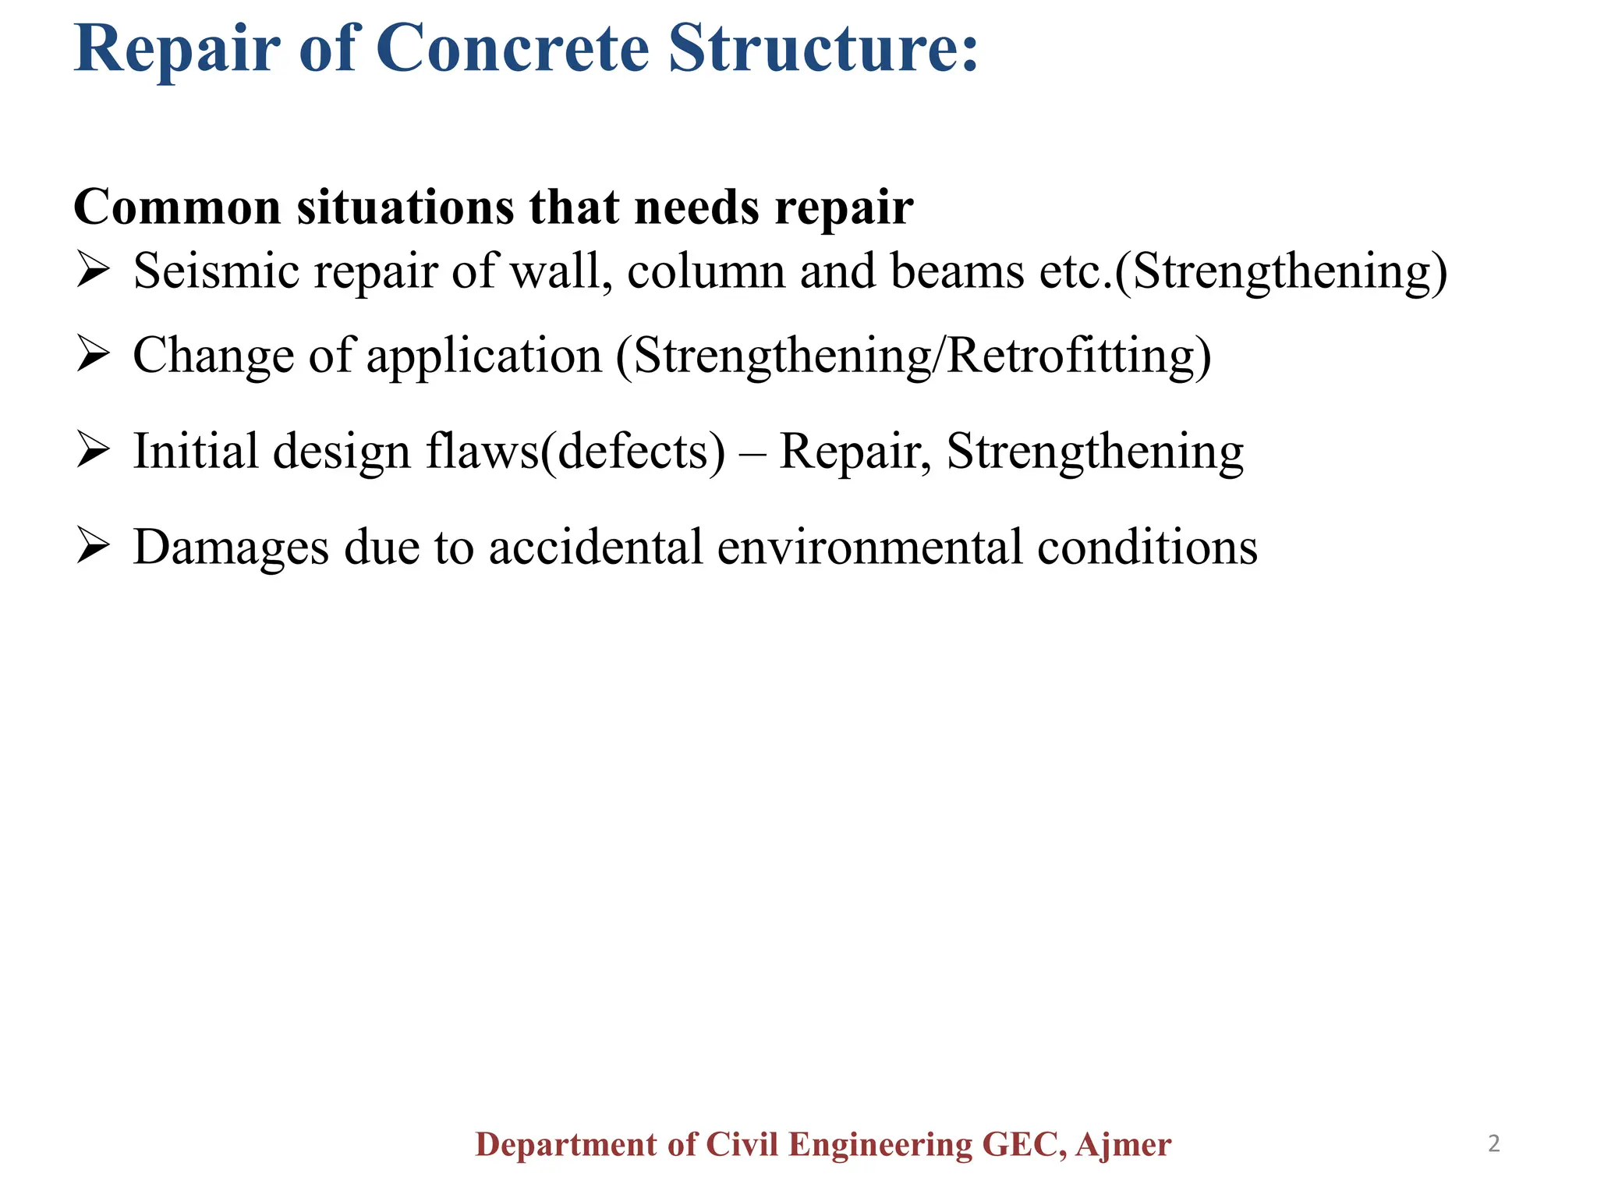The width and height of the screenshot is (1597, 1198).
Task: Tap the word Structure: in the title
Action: coord(823,48)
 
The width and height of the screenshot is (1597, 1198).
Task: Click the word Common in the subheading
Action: coord(177,207)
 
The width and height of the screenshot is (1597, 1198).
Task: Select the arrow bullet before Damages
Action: coord(93,547)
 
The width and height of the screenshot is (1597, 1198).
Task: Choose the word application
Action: coord(484,356)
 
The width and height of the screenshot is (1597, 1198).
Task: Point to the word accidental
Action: coord(597,547)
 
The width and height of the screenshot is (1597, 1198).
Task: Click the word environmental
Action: coord(869,547)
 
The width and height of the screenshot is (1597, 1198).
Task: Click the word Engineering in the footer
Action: coord(880,1145)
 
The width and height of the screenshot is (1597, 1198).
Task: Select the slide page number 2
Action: coord(1494,1144)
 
